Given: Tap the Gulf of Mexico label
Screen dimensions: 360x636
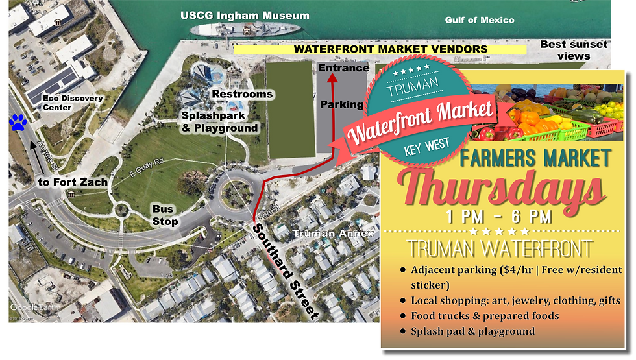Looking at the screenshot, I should [x=480, y=20].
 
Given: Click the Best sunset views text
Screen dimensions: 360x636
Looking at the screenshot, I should [x=574, y=50].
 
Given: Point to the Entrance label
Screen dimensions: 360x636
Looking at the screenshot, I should [x=343, y=67].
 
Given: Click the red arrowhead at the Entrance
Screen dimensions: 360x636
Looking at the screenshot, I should [x=332, y=79].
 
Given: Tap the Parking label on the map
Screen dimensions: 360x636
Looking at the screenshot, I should [x=342, y=104].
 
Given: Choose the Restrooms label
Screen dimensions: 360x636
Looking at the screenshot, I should [x=243, y=94].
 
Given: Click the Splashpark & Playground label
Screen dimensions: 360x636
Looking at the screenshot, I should [x=219, y=121].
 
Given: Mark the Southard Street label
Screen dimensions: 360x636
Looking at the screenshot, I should [x=286, y=270].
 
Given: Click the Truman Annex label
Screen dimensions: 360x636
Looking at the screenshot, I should [x=334, y=234].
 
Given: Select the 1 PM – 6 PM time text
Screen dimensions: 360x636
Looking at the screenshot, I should [x=499, y=216].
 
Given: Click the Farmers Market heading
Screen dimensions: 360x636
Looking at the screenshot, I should [x=535, y=158].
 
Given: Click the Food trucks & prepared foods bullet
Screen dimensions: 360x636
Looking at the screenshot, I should [x=484, y=316].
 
